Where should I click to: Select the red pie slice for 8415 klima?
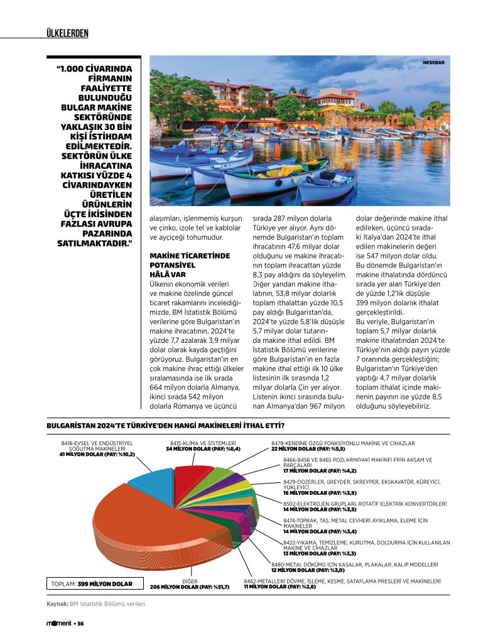click(x=192, y=478)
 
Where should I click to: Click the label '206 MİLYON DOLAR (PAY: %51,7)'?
click(x=190, y=586)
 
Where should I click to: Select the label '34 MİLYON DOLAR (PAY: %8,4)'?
click(x=205, y=449)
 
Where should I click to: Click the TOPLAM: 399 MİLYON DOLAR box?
click(x=92, y=584)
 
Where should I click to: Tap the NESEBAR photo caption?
click(x=433, y=62)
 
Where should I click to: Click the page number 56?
click(x=81, y=624)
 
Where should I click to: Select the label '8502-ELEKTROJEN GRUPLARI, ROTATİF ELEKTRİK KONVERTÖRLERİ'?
click(x=365, y=504)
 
